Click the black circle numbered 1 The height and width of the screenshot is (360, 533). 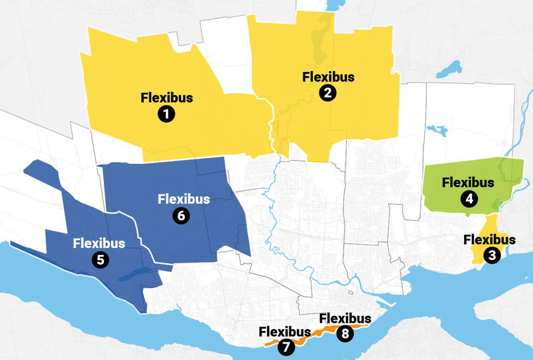click(166, 114)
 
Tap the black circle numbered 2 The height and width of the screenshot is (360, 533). click(328, 93)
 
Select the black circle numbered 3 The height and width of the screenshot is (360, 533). click(492, 256)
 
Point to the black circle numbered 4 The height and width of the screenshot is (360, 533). click(469, 199)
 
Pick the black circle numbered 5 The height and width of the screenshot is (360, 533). click(99, 259)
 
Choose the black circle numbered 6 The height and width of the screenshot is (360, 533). click(180, 216)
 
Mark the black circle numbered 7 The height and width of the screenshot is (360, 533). click(285, 347)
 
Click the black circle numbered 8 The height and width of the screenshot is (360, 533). click(345, 334)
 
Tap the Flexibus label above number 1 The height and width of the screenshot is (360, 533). click(166, 98)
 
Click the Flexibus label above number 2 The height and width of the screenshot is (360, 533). click(328, 77)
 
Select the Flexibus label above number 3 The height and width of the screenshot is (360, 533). click(489, 240)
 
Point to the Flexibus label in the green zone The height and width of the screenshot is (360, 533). click(468, 183)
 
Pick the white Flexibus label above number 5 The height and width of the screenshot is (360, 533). click(99, 243)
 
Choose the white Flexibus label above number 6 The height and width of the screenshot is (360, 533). click(184, 199)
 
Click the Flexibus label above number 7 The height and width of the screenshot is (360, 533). click(284, 332)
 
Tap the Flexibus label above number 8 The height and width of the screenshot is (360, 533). click(346, 318)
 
